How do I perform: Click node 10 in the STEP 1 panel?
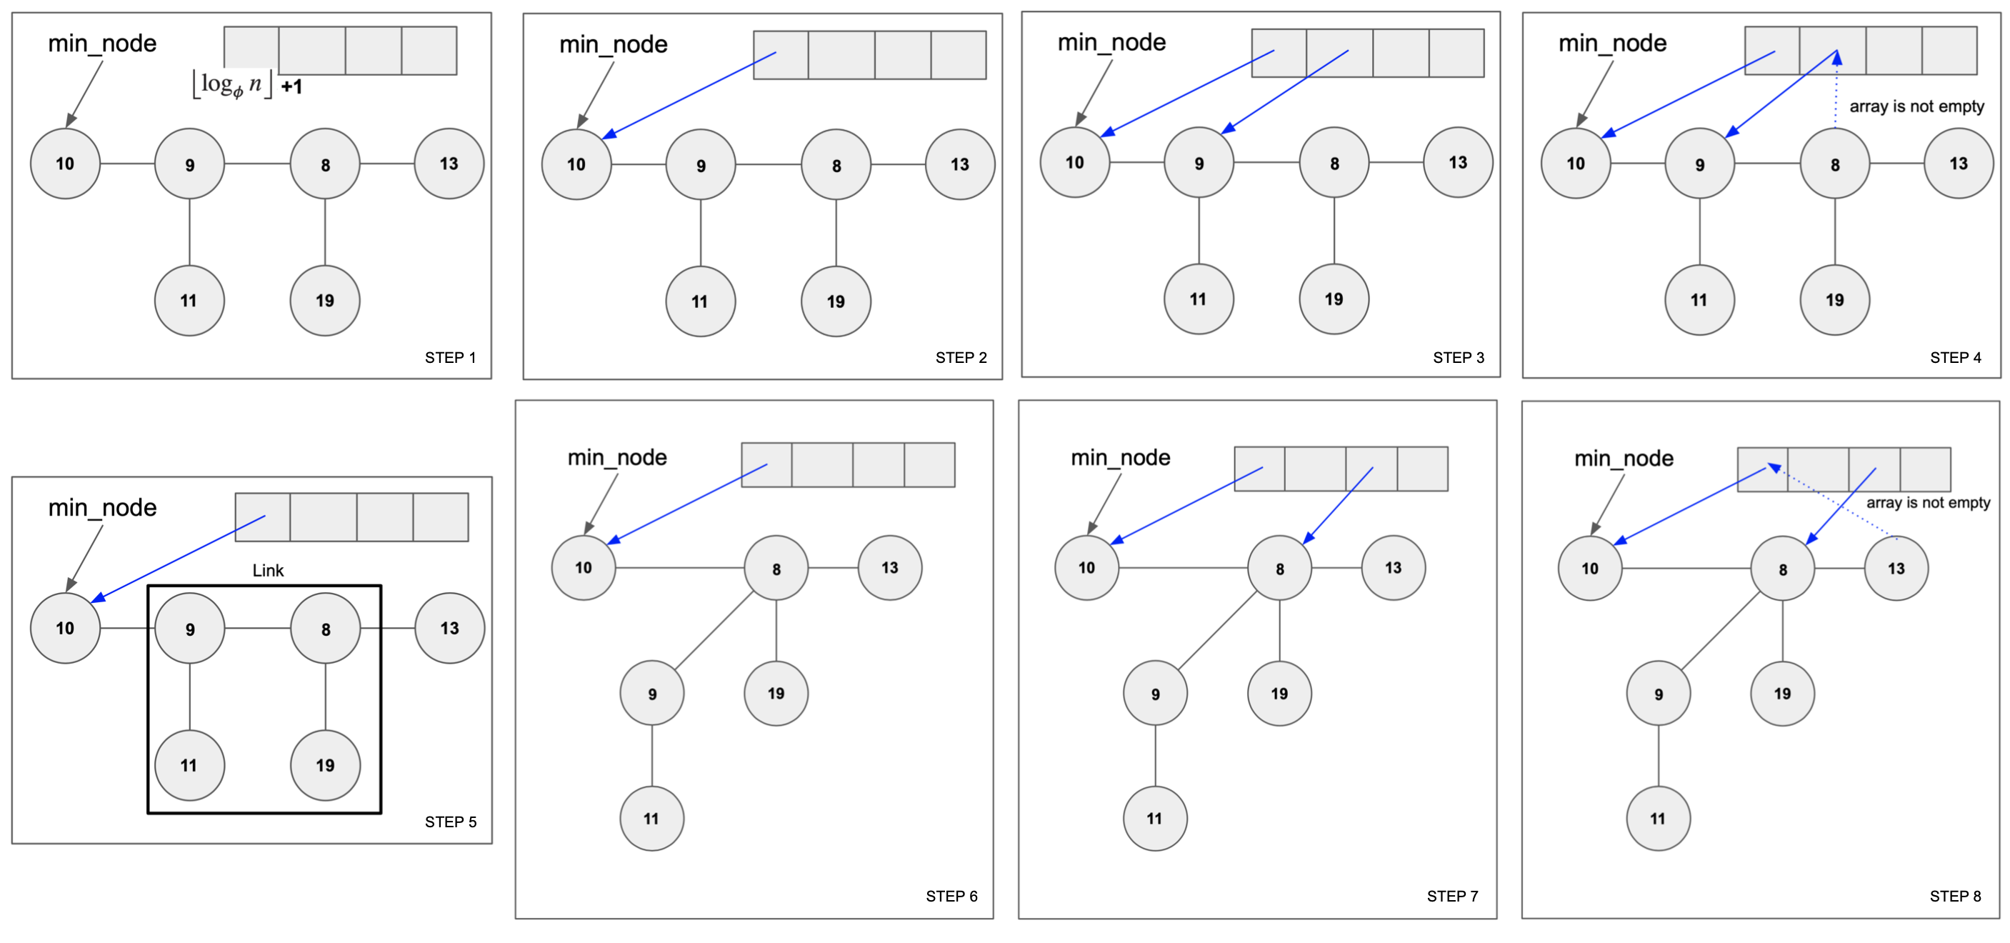(65, 163)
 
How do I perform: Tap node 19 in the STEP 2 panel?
(836, 301)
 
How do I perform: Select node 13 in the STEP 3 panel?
(1458, 162)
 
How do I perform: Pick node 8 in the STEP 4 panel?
(1834, 164)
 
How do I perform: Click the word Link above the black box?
(268, 571)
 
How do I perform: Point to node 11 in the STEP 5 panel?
(189, 765)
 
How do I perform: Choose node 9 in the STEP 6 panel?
(651, 693)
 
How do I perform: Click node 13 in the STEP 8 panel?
(1896, 568)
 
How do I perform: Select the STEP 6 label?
(951, 896)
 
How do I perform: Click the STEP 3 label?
(1458, 357)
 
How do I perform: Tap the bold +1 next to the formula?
(292, 86)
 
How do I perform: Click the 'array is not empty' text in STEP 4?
(1916, 106)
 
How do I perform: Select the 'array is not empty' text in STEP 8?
(1927, 503)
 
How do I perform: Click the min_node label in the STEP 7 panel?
(1120, 457)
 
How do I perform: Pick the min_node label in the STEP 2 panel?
(614, 44)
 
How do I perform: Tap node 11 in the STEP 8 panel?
(1657, 818)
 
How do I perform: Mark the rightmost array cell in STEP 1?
(429, 51)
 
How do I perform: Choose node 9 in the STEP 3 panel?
(1199, 163)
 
